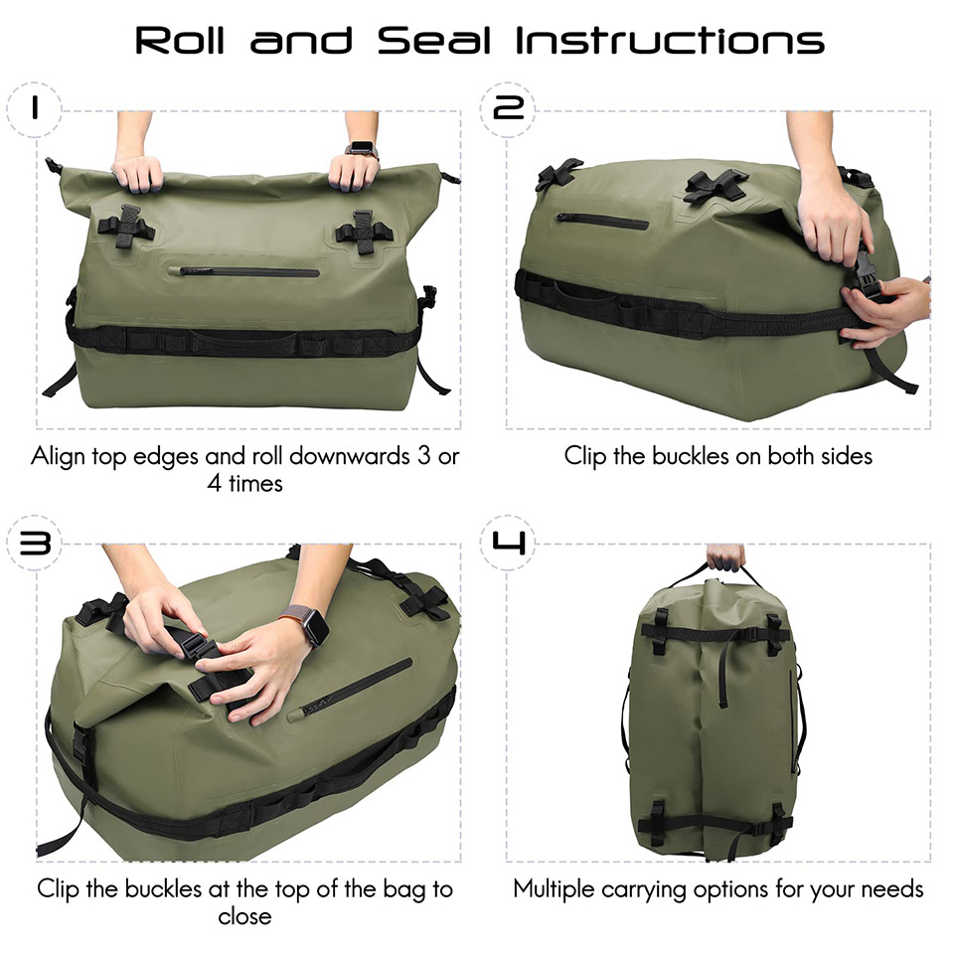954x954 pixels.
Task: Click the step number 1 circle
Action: [34, 109]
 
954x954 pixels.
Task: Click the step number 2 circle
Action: [508, 109]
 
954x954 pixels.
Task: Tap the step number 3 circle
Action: [34, 543]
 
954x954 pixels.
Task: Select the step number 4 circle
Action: [508, 543]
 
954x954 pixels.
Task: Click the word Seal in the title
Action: [434, 41]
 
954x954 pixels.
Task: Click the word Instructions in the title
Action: [670, 41]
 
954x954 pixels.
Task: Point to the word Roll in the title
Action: [180, 41]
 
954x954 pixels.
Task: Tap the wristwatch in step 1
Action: [362, 149]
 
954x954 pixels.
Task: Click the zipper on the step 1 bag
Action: [249, 271]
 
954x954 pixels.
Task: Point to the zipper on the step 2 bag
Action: [602, 221]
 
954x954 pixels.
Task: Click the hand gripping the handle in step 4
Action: [725, 556]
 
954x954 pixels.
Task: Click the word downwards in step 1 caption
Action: [349, 456]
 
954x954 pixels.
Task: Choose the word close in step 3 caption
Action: [244, 916]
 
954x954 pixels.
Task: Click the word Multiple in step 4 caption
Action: [554, 889]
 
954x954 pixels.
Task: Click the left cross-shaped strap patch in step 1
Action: [126, 228]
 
